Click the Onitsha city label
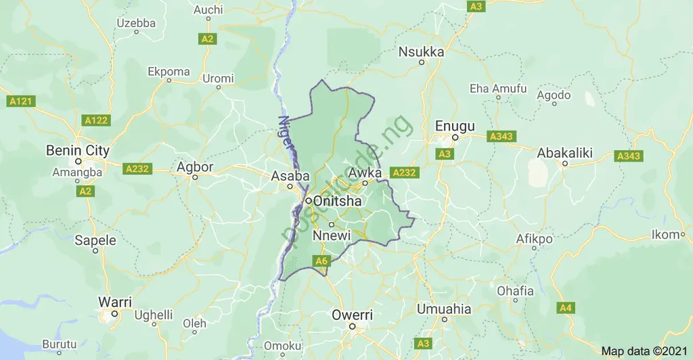click(338, 202)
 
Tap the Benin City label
click(77, 150)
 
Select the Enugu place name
click(455, 126)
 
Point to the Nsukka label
click(421, 51)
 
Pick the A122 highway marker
click(95, 120)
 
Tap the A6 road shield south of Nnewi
click(321, 261)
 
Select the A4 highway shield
click(566, 309)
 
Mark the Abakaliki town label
click(564, 153)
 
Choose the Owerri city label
click(352, 315)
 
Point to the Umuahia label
click(444, 309)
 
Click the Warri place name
click(115, 302)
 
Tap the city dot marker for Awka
click(365, 183)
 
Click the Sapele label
click(95, 240)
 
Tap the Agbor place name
click(195, 166)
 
